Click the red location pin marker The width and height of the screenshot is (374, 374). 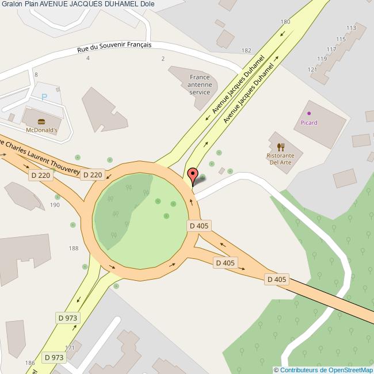pyautogui.click(x=193, y=175)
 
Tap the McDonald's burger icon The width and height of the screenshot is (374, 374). pyautogui.click(x=41, y=121)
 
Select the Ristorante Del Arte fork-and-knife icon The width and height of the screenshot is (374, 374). pyautogui.click(x=280, y=147)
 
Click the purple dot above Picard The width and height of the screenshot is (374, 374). pyautogui.click(x=309, y=113)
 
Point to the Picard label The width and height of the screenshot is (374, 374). pyautogui.click(x=309, y=123)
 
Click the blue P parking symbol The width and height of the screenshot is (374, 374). pyautogui.click(x=44, y=97)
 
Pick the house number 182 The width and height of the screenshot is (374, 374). pyautogui.click(x=247, y=51)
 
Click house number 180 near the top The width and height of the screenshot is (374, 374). pyautogui.click(x=285, y=22)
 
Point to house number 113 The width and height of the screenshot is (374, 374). pyautogui.click(x=352, y=28)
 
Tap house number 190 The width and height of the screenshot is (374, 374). pyautogui.click(x=55, y=204)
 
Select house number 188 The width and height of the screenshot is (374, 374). pyautogui.click(x=73, y=248)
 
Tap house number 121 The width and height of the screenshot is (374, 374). pyautogui.click(x=313, y=70)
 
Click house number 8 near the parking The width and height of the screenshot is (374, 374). pyautogui.click(x=36, y=75)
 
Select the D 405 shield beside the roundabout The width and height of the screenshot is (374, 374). pyautogui.click(x=199, y=226)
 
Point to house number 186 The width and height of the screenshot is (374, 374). pyautogui.click(x=30, y=363)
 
